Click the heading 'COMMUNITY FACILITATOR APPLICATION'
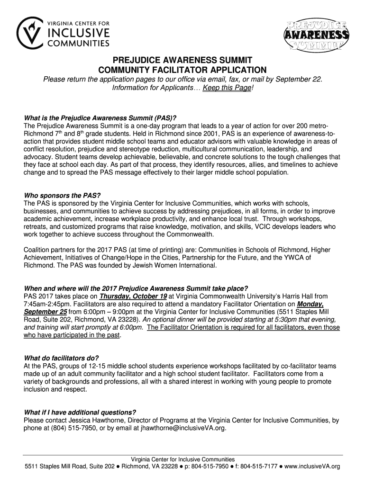pos(182,70)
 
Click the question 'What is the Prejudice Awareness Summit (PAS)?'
pos(100,118)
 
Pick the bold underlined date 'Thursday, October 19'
pos(130,296)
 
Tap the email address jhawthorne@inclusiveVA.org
pos(183,428)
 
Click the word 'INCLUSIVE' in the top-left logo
pos(78,33)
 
